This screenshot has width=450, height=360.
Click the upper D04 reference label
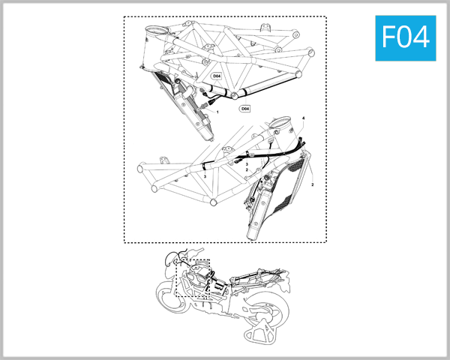click(217, 76)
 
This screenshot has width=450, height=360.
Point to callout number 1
click(217, 111)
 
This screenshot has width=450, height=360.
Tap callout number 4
click(303, 118)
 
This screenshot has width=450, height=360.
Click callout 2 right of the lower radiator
click(312, 183)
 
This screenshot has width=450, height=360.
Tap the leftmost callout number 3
click(205, 175)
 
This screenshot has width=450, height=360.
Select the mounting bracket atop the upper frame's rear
click(265, 29)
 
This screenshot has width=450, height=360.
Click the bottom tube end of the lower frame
click(214, 203)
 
